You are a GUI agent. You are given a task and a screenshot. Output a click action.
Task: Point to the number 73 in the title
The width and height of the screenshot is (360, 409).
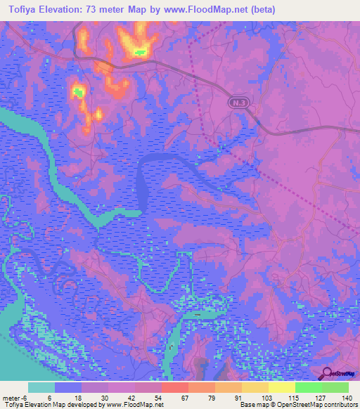coord(96,10)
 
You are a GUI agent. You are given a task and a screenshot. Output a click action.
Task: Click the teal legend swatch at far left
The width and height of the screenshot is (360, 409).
coord(41,387)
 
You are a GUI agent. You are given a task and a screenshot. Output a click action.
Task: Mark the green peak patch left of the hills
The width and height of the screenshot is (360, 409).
coord(78,91)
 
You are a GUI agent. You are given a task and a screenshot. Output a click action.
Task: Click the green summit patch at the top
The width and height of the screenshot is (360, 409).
coord(139,51)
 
